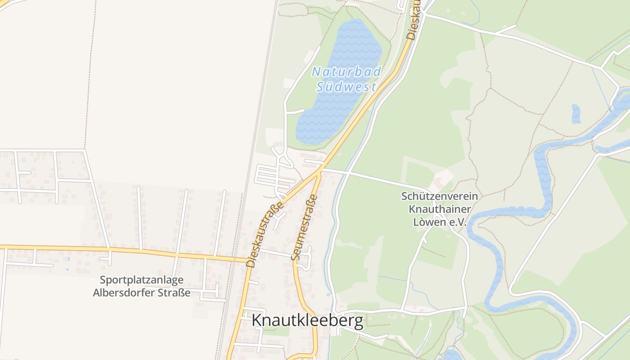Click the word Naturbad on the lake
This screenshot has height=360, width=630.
coord(346,72)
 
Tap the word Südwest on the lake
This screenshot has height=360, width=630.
coord(346,86)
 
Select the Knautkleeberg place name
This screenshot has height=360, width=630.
coord(307,320)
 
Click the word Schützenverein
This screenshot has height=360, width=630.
coord(440,196)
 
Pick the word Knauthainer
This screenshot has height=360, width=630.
coord(440,209)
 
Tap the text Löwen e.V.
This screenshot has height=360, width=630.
coord(440,222)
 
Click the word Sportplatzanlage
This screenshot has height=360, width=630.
coord(141,280)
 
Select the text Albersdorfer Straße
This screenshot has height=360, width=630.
coord(141,293)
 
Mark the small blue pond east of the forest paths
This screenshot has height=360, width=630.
coord(576,114)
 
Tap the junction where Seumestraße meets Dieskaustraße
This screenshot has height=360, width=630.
coord(320,171)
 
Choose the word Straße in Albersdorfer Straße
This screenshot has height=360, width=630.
coord(175,293)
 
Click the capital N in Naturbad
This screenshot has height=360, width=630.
coord(317,72)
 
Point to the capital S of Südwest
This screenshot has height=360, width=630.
coord(320,87)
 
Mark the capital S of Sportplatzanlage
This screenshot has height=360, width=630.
coord(103,280)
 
